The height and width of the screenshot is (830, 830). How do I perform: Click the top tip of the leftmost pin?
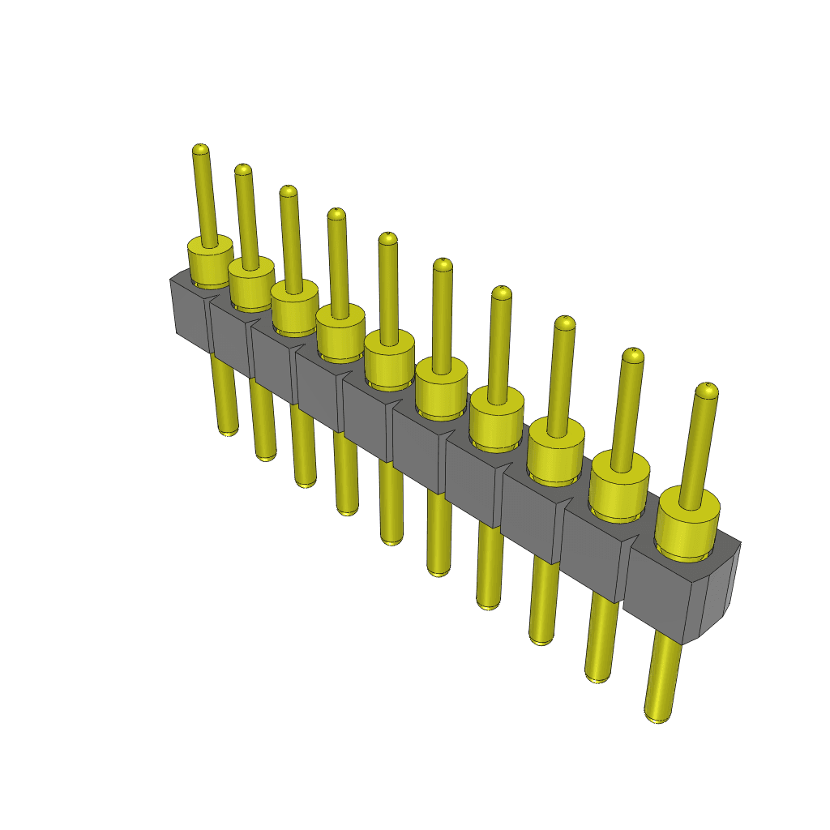[200, 150]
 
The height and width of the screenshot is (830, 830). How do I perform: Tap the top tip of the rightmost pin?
[707, 391]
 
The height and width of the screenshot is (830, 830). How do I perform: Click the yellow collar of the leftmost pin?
[210, 263]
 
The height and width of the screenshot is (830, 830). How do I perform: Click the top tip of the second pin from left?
[242, 169]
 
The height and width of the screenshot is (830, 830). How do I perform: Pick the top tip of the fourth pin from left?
[336, 214]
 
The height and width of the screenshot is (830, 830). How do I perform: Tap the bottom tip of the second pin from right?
[597, 675]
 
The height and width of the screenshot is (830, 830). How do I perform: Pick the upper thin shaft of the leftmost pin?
[205, 199]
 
